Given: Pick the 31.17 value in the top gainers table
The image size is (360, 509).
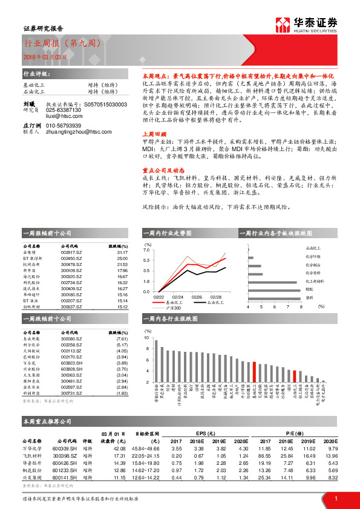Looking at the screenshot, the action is click(122, 253).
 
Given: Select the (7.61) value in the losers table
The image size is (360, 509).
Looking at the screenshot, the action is click(122, 339).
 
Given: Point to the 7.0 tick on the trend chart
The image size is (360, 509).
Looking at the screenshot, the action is click(146, 249).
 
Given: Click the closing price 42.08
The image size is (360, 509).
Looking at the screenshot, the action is click(119, 449).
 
